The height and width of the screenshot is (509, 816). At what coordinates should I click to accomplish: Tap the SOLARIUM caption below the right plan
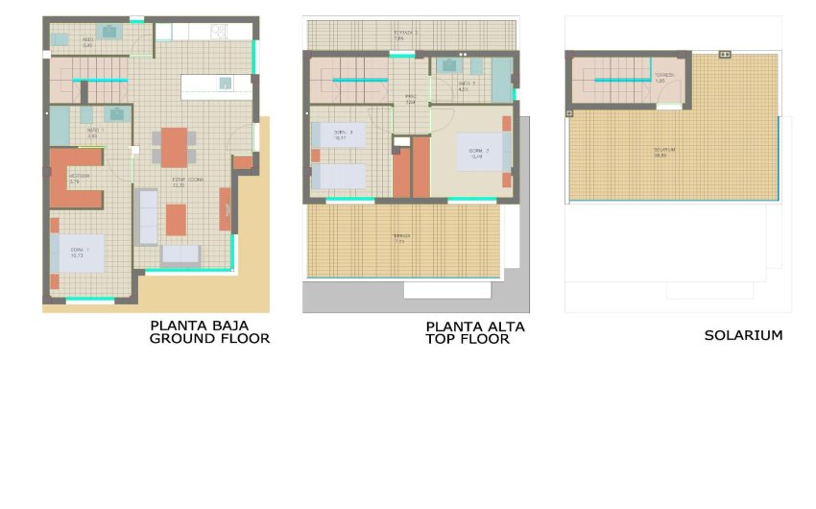point(743,335)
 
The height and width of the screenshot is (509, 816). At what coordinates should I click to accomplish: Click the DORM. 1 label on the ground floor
point(79,252)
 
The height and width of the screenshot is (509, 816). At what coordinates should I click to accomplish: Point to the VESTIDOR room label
point(79,178)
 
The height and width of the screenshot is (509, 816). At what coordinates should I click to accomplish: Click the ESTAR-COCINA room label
point(179,182)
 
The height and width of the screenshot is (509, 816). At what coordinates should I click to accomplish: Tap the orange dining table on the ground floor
point(174,147)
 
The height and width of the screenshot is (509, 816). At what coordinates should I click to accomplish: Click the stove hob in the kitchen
point(219,33)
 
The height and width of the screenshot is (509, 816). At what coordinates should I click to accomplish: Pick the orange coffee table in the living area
point(176,219)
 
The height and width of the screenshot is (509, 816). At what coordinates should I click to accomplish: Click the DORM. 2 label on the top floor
point(479,152)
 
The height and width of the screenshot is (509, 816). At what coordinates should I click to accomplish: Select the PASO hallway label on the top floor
point(410,98)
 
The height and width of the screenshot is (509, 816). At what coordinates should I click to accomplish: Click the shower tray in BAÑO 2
point(501,80)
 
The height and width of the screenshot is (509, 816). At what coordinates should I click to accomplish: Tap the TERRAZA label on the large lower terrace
point(401,237)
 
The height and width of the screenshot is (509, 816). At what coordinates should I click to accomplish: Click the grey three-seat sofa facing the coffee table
point(148,217)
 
